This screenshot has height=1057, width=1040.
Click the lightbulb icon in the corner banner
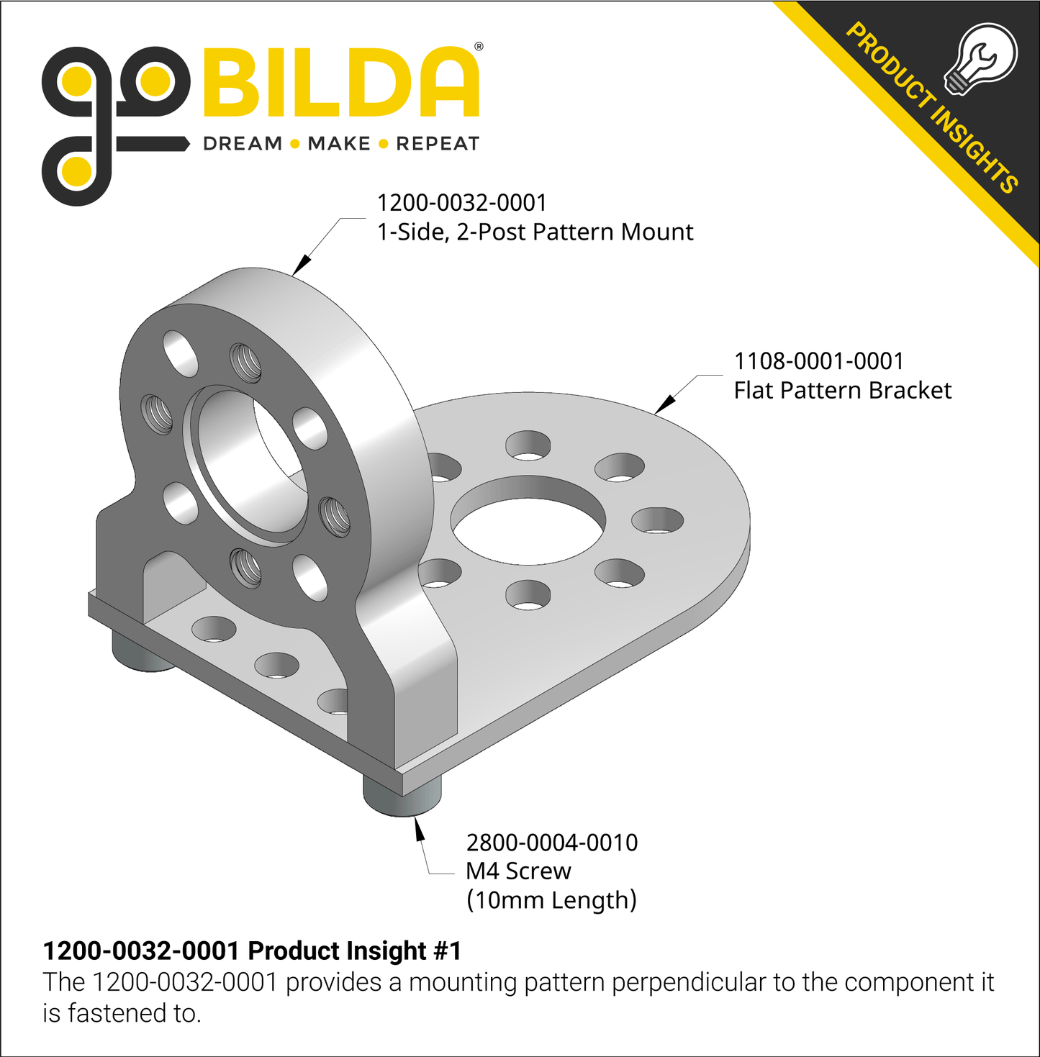[x=980, y=59]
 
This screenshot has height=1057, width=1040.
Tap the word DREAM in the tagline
[x=243, y=144]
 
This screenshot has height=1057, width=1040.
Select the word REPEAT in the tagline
[x=438, y=144]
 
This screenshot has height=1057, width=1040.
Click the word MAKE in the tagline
[x=339, y=144]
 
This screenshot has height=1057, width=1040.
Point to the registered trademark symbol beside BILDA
[x=479, y=47]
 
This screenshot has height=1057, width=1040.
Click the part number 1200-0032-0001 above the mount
[x=462, y=203]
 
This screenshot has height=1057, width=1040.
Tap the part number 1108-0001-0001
[x=818, y=361]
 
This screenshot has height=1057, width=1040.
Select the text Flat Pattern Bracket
[x=842, y=391]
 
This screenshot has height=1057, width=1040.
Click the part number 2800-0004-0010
[x=552, y=843]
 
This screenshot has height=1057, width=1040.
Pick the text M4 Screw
[x=518, y=871]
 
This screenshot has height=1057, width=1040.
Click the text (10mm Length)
[x=551, y=900]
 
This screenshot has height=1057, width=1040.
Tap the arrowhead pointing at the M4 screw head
[x=419, y=830]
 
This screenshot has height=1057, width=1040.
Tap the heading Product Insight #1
[x=252, y=951]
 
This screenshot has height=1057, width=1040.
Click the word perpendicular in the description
[x=689, y=982]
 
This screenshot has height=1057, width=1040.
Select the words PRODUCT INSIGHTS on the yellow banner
[x=932, y=108]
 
